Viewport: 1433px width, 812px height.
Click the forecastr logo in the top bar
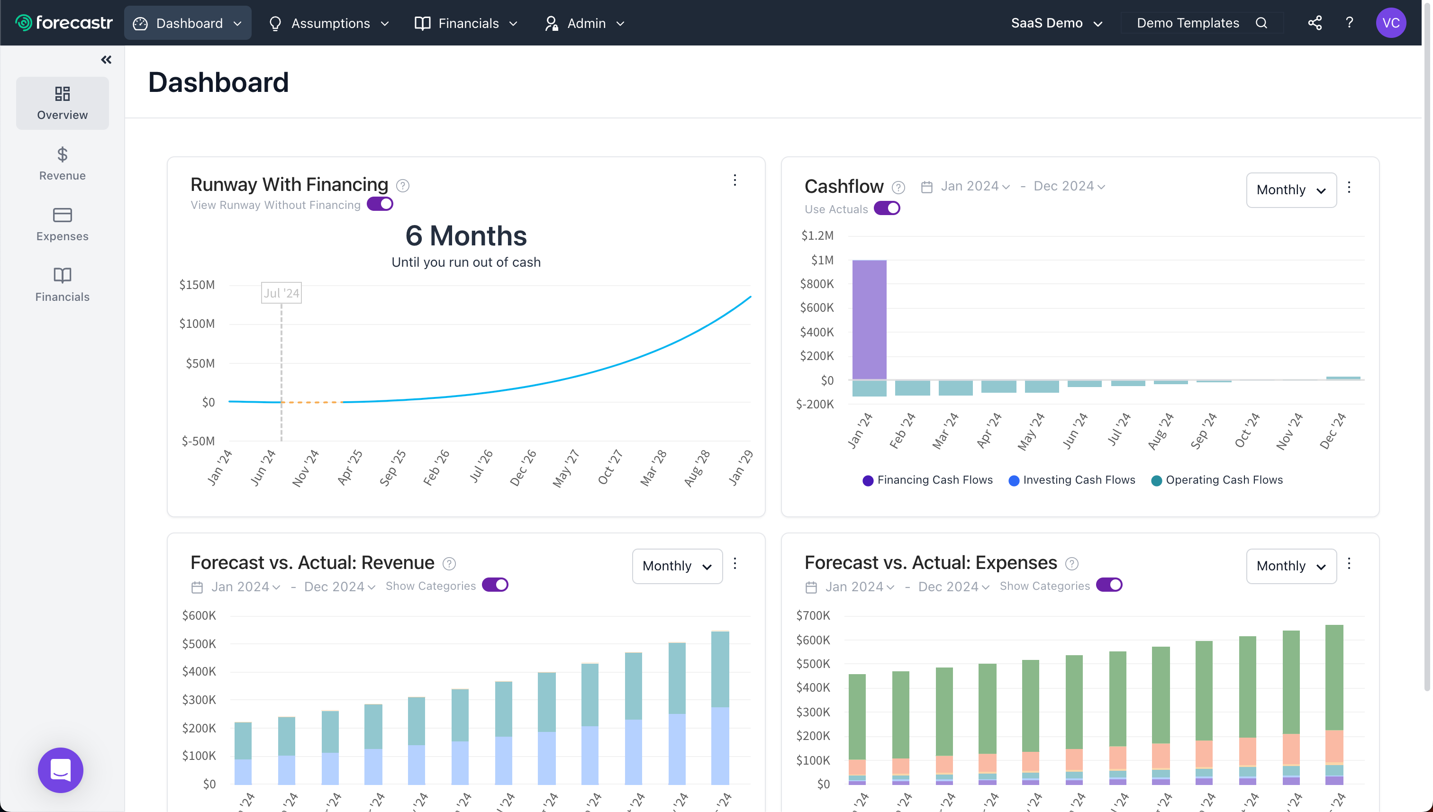pyautogui.click(x=63, y=23)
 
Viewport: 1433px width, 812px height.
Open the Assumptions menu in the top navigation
pyautogui.click(x=328, y=23)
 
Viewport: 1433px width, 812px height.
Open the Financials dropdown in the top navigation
pyautogui.click(x=466, y=23)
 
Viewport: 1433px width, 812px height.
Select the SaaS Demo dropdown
pyautogui.click(x=1056, y=23)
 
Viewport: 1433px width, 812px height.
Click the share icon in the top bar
pyautogui.click(x=1314, y=23)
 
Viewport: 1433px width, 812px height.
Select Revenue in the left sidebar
pyautogui.click(x=62, y=163)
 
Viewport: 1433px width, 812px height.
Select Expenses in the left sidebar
pyautogui.click(x=62, y=224)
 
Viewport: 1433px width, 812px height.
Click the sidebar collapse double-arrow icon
pyautogui.click(x=106, y=60)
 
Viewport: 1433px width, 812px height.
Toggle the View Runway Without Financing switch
pyautogui.click(x=380, y=204)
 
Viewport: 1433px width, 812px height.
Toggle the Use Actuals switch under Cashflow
pyautogui.click(x=886, y=208)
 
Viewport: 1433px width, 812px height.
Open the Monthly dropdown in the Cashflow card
pyautogui.click(x=1290, y=189)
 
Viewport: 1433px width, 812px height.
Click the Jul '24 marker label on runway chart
pyautogui.click(x=281, y=293)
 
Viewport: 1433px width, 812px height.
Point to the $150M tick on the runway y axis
pyautogui.click(x=197, y=285)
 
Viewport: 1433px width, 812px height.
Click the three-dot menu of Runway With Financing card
pyautogui.click(x=735, y=180)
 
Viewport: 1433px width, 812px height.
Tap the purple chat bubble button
pyautogui.click(x=60, y=770)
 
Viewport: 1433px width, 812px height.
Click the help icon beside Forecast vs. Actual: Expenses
pyautogui.click(x=1071, y=564)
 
